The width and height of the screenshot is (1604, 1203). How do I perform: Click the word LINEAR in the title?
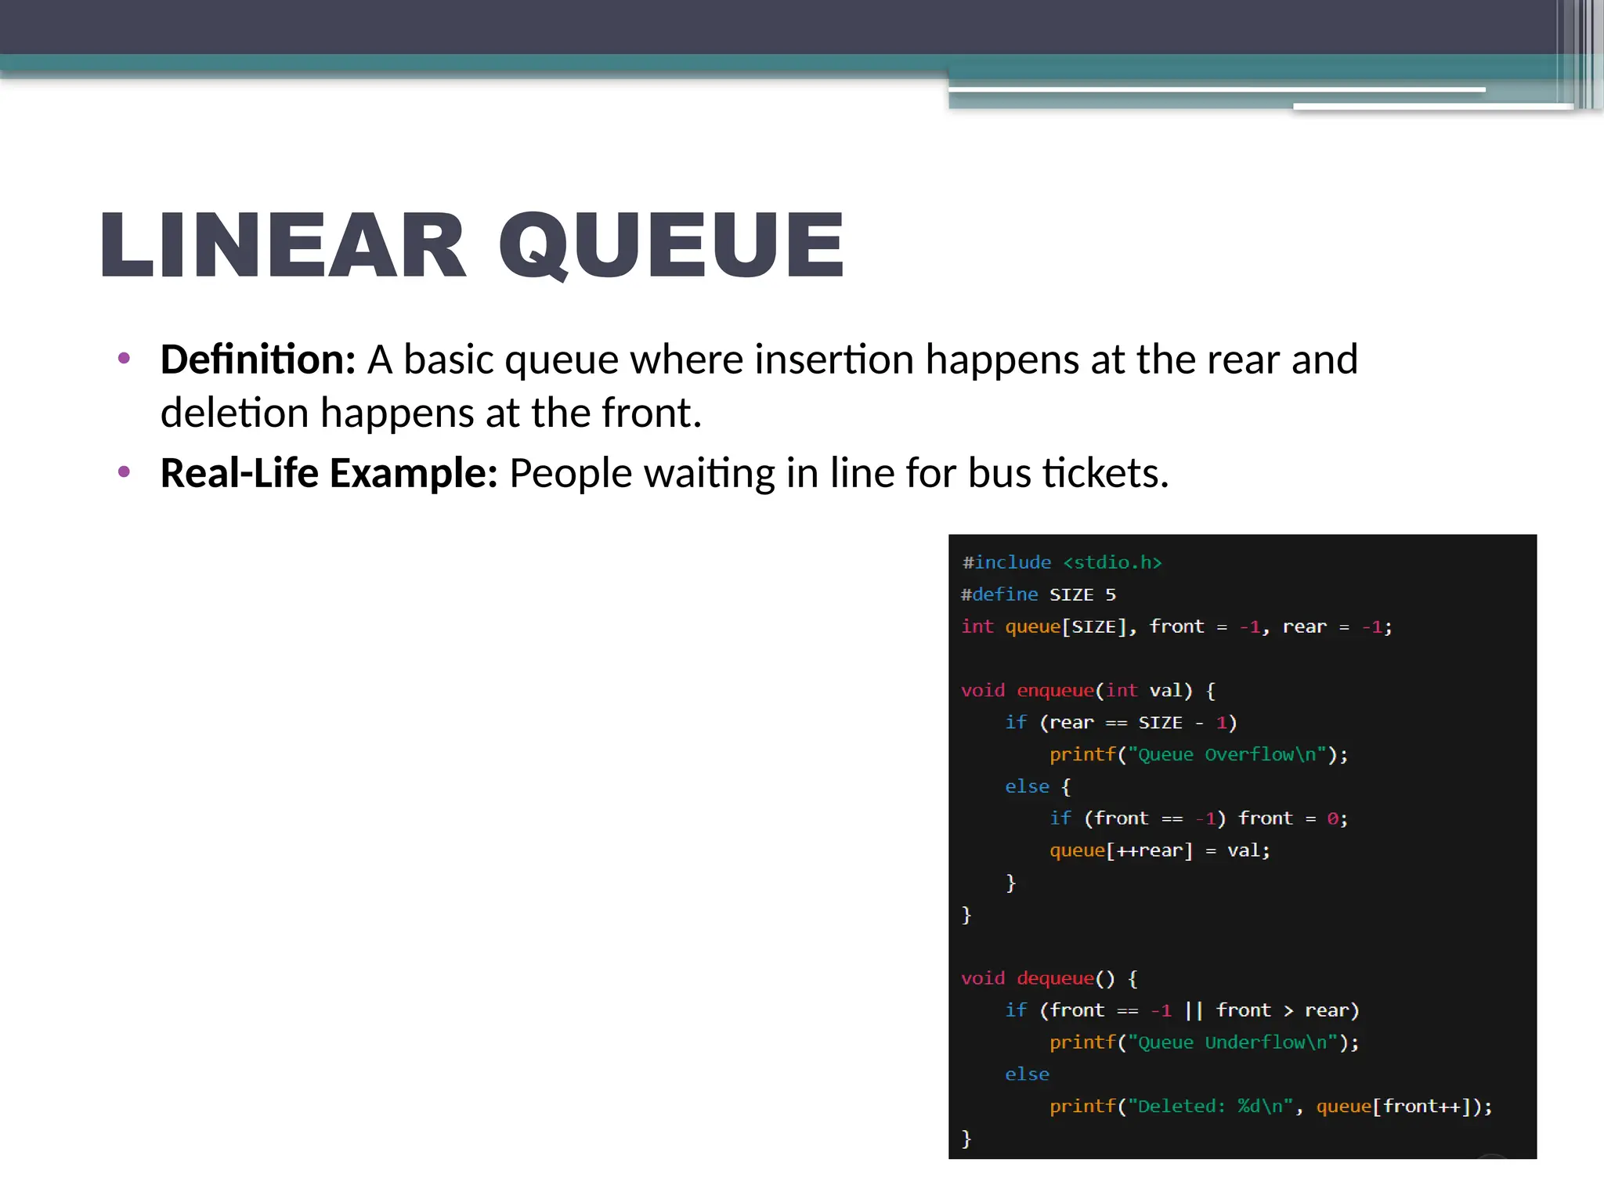pos(282,245)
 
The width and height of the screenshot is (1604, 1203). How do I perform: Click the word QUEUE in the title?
pos(671,245)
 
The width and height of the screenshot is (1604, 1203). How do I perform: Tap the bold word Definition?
pos(258,359)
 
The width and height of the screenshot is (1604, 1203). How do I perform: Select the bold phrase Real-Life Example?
pos(329,473)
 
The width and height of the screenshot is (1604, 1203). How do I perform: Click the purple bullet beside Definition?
pos(124,359)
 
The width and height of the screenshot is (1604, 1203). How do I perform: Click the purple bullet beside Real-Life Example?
pos(124,471)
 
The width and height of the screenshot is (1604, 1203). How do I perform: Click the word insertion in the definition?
pos(833,359)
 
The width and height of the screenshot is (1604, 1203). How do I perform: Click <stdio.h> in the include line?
pos(1112,562)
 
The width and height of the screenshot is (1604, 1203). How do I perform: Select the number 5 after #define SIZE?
pos(1110,594)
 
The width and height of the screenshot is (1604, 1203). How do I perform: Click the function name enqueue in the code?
pos(1054,690)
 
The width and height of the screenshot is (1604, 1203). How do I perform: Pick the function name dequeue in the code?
pos(1054,978)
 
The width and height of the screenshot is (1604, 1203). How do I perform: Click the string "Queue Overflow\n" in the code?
pos(1226,754)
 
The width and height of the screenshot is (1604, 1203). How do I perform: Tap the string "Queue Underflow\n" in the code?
pos(1232,1042)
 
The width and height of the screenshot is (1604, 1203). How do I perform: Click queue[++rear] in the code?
pos(1121,851)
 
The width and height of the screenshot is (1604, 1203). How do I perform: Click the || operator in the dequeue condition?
pos(1194,1010)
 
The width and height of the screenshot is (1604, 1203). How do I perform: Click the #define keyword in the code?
pos(999,594)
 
